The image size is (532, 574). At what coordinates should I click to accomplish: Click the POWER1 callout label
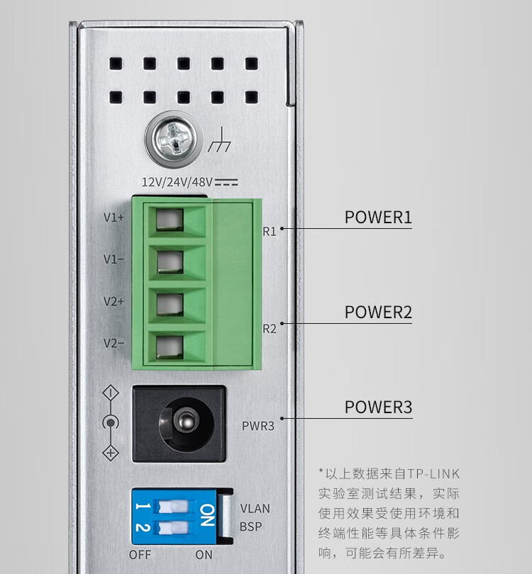click(378, 217)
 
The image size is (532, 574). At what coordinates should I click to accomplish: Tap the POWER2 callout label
click(378, 313)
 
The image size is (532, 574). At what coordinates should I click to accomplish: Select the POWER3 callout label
click(378, 407)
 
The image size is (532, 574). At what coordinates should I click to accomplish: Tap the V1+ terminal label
click(113, 218)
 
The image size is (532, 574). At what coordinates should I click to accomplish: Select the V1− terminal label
click(113, 259)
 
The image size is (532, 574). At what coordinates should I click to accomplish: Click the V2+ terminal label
click(113, 301)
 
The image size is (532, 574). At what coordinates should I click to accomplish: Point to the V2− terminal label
click(113, 343)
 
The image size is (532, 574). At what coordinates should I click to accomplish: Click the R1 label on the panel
click(270, 231)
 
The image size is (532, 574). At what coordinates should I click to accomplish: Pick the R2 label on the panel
click(270, 328)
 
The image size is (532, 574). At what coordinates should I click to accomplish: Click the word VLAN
click(255, 509)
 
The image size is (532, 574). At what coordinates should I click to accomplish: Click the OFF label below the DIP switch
click(140, 554)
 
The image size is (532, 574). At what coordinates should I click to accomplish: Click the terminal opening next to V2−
click(169, 346)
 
